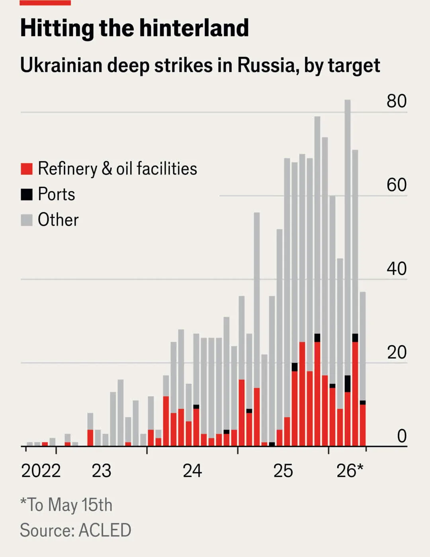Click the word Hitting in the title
coord(57,29)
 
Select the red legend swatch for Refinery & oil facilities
coord(26,169)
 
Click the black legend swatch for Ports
coord(26,194)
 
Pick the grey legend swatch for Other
coord(26,220)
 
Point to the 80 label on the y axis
coord(397,101)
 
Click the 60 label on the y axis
coord(397,185)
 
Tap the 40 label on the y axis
coord(397,269)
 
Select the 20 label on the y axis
coord(397,352)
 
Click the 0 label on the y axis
coord(402,436)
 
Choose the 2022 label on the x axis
coord(41,471)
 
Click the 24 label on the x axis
coord(192,471)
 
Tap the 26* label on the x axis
coord(350,471)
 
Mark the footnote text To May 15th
coord(69,504)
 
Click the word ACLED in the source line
coord(105,530)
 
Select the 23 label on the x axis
coord(102,471)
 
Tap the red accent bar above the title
coord(45,2)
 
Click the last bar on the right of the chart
coord(363,369)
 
